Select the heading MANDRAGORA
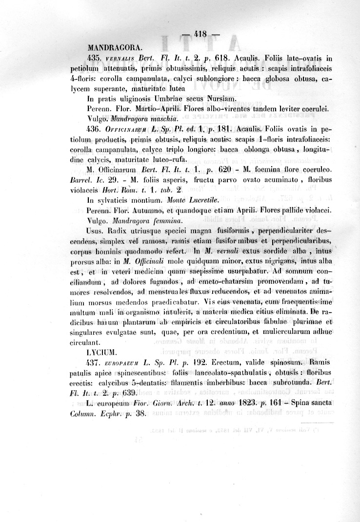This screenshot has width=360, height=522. tap(115, 48)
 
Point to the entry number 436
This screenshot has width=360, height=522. tap(94, 130)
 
